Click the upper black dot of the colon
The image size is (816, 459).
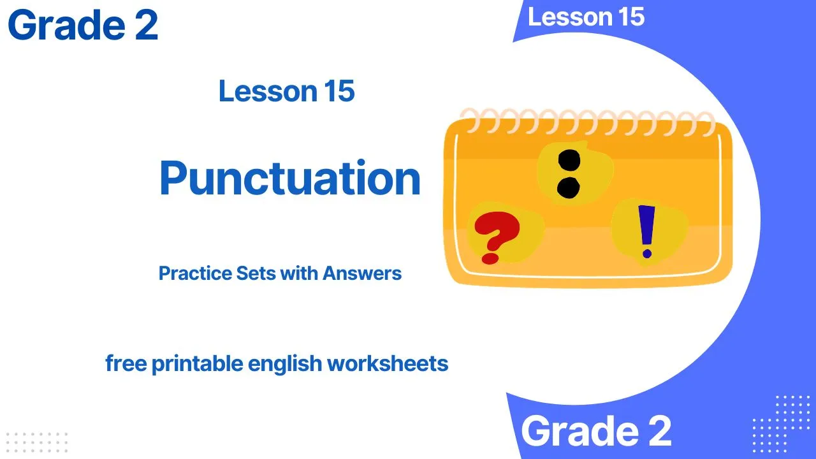(569, 160)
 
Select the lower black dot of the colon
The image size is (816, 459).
(568, 188)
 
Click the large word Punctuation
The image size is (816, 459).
(290, 178)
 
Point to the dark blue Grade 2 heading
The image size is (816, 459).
(83, 25)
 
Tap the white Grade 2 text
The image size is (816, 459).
(596, 430)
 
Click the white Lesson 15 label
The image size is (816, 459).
(586, 17)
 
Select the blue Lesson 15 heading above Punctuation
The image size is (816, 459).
(287, 91)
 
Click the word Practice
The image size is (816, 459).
(195, 273)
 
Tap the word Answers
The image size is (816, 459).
(361, 273)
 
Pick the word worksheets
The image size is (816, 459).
(388, 363)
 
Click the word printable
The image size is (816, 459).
(198, 364)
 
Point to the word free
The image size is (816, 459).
(126, 363)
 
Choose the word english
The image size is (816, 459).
(285, 364)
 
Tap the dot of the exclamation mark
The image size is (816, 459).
(647, 254)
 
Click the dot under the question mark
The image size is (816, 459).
(490, 259)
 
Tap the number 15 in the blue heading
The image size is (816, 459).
(340, 91)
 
